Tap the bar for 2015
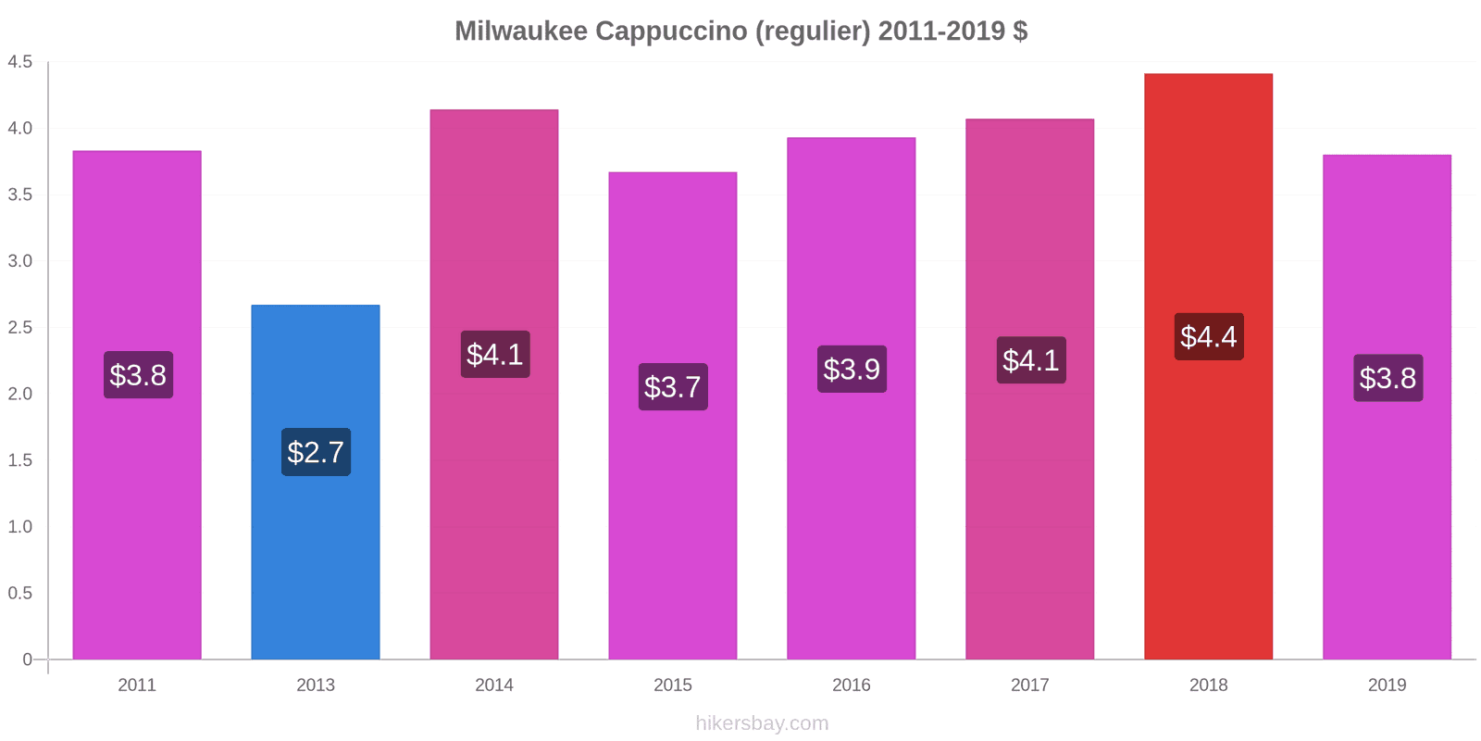click(x=673, y=519)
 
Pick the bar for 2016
click(x=852, y=519)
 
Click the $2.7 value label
click(x=316, y=452)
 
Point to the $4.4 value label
click(x=1209, y=336)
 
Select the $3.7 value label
click(x=673, y=386)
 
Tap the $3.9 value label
click(x=852, y=369)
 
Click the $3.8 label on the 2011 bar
click(x=138, y=375)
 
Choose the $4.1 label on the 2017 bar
click(x=1031, y=359)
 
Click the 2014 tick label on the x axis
click(x=494, y=685)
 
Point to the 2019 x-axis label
click(x=1387, y=685)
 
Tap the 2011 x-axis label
click(x=137, y=685)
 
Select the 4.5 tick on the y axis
click(x=20, y=62)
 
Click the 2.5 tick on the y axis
click(x=20, y=328)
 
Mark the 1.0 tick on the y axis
click(x=20, y=527)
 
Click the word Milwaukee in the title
click(x=520, y=31)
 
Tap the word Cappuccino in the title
click(x=672, y=31)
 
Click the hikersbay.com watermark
click(x=762, y=723)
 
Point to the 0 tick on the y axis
click(x=28, y=659)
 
